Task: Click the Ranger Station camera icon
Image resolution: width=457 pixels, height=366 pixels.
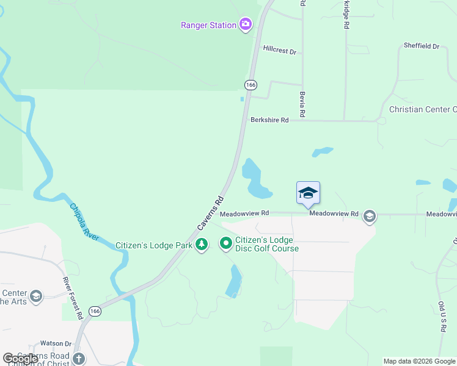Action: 245,24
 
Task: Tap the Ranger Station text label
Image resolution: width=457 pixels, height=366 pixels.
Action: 208,25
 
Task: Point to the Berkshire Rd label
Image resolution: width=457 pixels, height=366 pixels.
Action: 269,120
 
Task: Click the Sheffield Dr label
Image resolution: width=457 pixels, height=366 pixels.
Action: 421,46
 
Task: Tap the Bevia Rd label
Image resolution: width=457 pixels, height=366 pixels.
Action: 302,104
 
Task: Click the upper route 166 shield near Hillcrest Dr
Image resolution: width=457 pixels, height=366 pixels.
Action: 250,84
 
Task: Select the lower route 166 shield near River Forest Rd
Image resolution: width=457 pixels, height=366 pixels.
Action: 94,311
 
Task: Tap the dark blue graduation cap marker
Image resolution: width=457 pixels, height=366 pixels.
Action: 308,193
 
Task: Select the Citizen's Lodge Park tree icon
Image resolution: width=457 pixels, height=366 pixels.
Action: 202,245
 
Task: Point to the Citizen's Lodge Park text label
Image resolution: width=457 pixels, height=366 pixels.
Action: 154,245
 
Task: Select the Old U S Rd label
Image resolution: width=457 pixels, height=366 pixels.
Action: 441,317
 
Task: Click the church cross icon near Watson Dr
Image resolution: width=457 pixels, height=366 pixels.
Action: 78,358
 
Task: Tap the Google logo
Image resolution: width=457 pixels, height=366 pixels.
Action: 20,359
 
